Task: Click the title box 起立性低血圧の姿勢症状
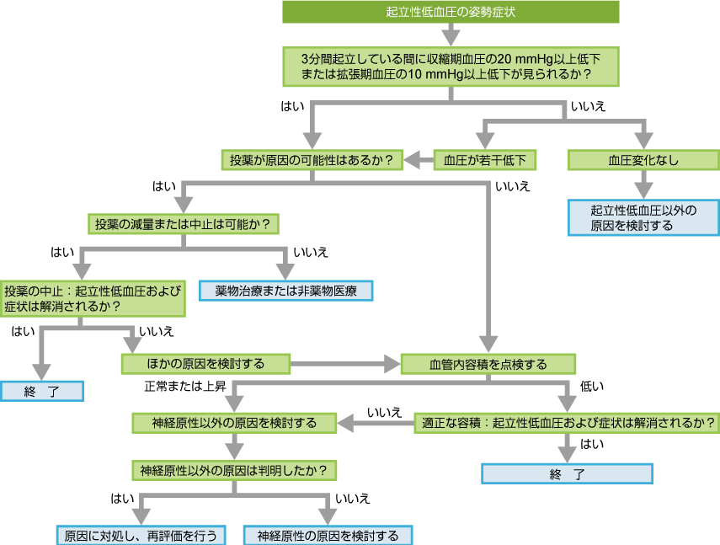click(451, 12)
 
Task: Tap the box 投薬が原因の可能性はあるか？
click(311, 159)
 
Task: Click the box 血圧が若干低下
click(484, 159)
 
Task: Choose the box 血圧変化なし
click(643, 159)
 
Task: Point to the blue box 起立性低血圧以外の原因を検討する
click(643, 217)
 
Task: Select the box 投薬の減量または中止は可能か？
click(183, 224)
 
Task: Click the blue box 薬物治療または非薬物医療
click(285, 291)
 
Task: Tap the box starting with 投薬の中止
click(93, 298)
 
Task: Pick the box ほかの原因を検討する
click(205, 364)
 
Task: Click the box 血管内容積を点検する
click(488, 364)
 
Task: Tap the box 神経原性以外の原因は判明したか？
click(234, 468)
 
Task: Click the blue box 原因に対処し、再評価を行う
click(141, 535)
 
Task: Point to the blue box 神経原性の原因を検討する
click(328, 535)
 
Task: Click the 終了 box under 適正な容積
click(567, 473)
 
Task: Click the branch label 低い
click(592, 386)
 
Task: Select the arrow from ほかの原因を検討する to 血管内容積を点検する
click(345, 364)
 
